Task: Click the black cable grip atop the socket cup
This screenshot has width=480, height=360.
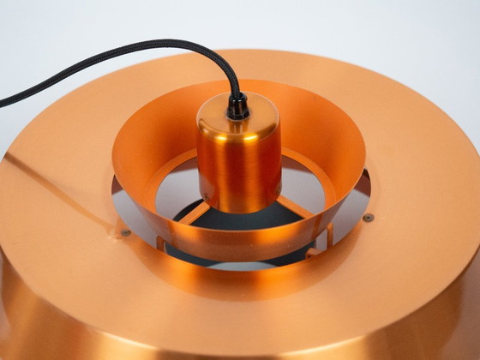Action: [x=237, y=108]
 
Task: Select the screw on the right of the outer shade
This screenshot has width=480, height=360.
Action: [x=368, y=218]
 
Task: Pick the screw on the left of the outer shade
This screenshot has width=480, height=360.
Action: [x=125, y=231]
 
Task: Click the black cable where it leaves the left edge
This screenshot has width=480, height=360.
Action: [x=4, y=100]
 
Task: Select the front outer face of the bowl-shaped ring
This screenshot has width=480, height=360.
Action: [x=240, y=249]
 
